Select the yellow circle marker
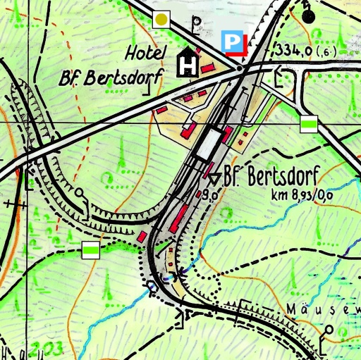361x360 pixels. (162, 20)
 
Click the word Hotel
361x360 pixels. (146, 53)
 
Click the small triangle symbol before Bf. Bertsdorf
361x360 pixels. (214, 176)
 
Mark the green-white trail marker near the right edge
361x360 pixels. (308, 124)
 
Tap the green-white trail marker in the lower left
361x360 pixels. (90, 249)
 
